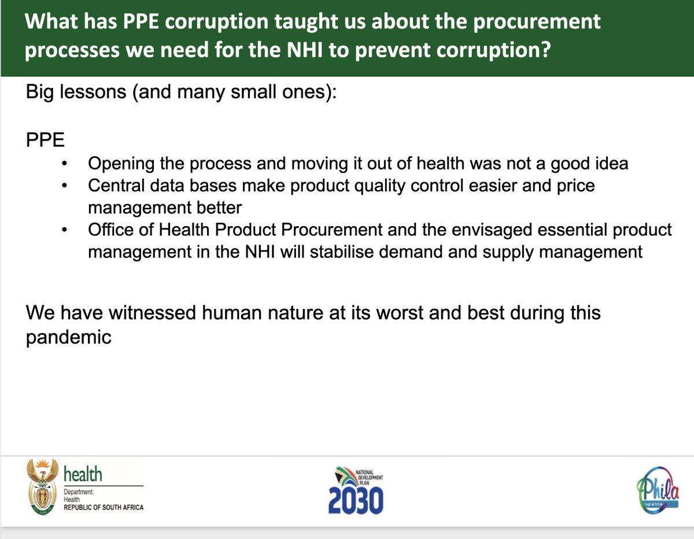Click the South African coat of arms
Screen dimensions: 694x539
click(x=42, y=487)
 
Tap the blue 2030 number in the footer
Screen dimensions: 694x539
click(x=356, y=501)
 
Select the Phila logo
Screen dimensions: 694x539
click(x=658, y=490)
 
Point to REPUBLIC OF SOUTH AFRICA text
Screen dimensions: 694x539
click(x=104, y=507)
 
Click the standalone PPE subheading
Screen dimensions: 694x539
click(x=45, y=140)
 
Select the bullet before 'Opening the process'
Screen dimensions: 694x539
click(x=65, y=164)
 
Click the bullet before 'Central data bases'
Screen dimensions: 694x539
click(x=65, y=186)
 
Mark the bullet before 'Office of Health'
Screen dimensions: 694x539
click(x=65, y=230)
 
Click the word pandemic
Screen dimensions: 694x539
click(x=68, y=338)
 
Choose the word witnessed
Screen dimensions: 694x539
click(x=152, y=312)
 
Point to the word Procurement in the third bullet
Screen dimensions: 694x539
click(x=332, y=230)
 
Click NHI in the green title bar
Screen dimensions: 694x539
click(x=305, y=50)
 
